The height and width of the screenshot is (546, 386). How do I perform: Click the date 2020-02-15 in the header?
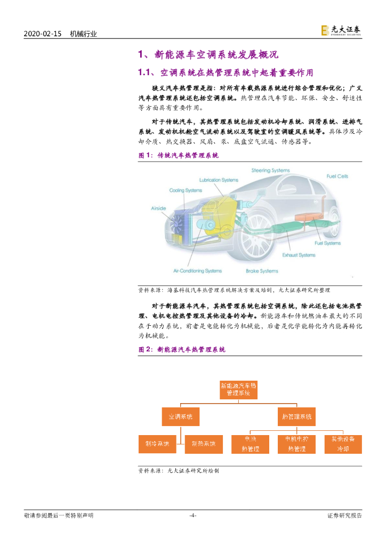(43, 34)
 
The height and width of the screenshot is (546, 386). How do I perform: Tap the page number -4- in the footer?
(193, 515)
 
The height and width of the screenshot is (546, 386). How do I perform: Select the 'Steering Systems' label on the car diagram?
(270, 171)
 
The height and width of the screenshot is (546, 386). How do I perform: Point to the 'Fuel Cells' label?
(337, 176)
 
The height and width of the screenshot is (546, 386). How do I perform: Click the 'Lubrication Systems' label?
(219, 180)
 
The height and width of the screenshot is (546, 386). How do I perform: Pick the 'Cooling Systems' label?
(186, 190)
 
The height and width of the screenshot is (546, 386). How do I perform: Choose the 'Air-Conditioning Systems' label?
(197, 271)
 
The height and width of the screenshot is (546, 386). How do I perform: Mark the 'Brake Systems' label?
(262, 271)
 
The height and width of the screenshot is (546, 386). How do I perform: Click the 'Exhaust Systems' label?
(299, 255)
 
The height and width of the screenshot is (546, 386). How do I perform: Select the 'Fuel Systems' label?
(327, 243)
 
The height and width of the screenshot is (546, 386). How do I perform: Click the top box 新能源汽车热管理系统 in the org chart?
(238, 389)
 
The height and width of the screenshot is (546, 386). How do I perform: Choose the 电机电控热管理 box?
(296, 444)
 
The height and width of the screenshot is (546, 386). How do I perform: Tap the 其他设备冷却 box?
(343, 444)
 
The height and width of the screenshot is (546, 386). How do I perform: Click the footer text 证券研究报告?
(344, 515)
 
